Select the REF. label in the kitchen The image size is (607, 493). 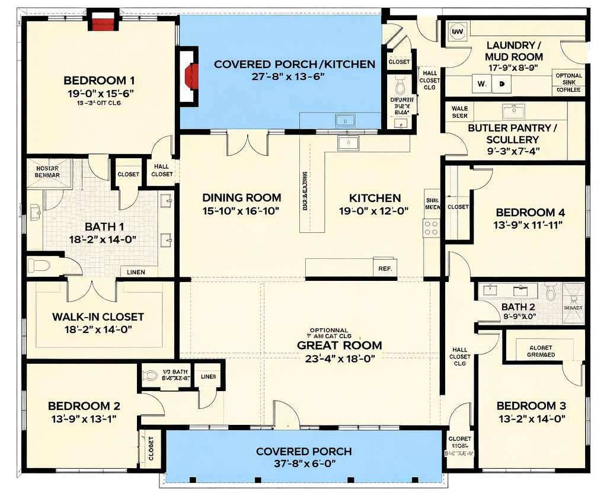coord(385,268)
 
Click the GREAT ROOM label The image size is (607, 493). coord(339,345)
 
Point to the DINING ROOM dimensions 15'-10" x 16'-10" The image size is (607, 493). coord(241,211)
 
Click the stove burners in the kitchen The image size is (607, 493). coord(431,228)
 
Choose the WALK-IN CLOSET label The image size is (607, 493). coord(98,317)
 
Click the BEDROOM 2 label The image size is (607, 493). coord(84,406)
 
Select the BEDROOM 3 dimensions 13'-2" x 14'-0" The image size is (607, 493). coord(531,419)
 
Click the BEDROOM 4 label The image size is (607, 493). coord(530,213)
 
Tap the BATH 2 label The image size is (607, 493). coord(518,307)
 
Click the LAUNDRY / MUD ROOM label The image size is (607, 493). coord(514,51)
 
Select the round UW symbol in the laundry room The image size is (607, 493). coord(458,32)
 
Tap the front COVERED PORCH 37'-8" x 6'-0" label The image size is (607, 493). coord(303,452)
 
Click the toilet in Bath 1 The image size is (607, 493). coord(39,265)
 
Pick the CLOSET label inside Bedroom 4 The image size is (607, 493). coord(458,207)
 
